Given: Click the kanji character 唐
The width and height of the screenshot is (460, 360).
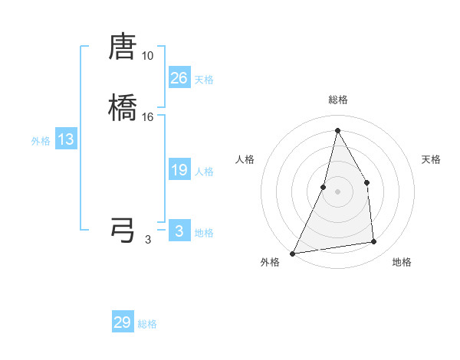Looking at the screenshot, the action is tap(123, 47).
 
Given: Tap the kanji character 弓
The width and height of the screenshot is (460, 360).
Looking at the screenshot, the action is tap(123, 230).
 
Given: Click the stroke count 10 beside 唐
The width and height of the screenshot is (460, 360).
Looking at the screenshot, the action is tap(147, 56).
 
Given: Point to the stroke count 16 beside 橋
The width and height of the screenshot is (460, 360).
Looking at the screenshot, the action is tap(147, 116).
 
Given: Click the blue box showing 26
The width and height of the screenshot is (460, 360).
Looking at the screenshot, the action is tap(179, 78).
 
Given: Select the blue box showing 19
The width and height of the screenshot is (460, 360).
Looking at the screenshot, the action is tap(179, 170).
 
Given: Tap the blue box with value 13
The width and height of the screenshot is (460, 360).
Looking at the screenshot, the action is tap(66, 139).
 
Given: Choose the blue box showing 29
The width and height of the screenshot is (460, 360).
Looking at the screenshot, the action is tap(123, 322).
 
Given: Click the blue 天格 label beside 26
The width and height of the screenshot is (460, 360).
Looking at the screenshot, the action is tap(204, 80).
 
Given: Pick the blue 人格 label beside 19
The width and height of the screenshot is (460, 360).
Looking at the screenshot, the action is tap(204, 172).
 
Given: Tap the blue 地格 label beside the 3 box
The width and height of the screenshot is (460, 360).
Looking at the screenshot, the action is tap(204, 233).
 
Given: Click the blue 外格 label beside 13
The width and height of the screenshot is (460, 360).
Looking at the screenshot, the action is tap(41, 141).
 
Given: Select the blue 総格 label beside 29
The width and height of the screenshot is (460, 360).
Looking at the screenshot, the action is tap(147, 324).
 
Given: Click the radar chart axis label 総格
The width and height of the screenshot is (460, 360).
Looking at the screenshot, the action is tap(337, 100).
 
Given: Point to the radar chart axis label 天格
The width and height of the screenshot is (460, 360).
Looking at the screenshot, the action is tap(431, 159).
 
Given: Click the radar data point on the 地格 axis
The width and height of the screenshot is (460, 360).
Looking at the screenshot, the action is tap(374, 242).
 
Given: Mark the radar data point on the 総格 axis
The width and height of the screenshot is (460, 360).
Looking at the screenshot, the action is tap(337, 129).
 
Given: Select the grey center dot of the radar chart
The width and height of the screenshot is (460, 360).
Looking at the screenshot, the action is tap(337, 191).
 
